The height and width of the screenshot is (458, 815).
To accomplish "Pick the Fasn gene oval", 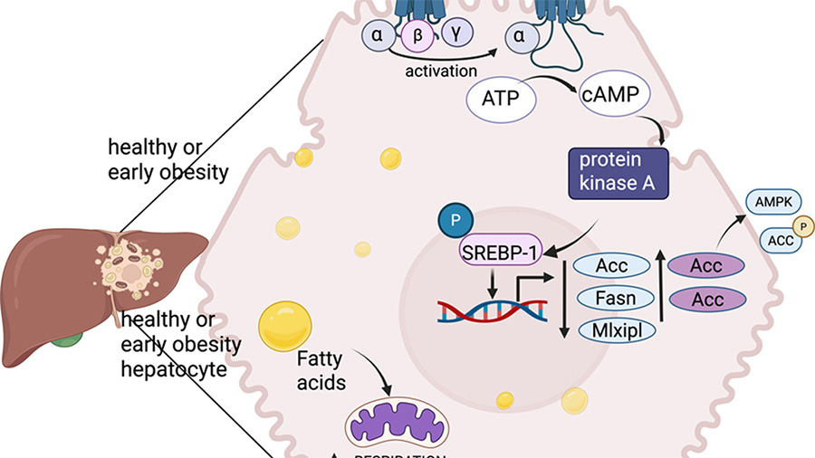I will [613, 297].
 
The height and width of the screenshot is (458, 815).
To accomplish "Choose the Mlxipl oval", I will [613, 329].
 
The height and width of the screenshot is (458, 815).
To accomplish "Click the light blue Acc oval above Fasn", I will [613, 266].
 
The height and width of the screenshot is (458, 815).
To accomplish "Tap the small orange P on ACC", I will [800, 226].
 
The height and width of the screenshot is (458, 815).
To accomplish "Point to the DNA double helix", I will [494, 310].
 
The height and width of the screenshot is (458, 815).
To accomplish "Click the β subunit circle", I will [418, 36].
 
